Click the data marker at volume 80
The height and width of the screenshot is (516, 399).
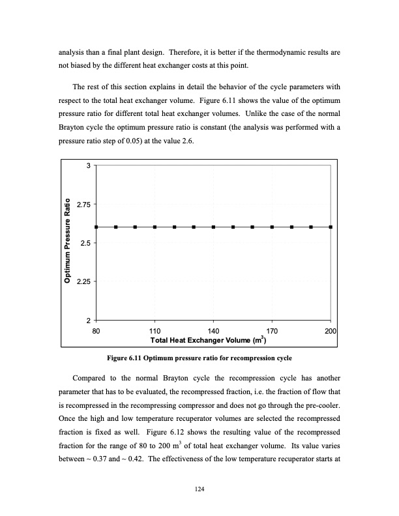coord(96,227)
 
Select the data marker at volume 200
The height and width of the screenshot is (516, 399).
coord(331,227)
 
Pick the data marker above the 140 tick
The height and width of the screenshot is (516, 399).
coord(213,227)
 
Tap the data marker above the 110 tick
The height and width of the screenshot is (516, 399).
coord(155,227)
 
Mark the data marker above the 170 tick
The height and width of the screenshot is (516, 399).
coord(272,227)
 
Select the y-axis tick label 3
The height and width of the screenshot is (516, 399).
coord(88,166)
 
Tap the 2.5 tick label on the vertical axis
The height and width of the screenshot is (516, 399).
coord(85,243)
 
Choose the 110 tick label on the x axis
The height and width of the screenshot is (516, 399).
coord(155,331)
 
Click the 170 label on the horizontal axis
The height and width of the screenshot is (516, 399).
coord(272,331)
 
